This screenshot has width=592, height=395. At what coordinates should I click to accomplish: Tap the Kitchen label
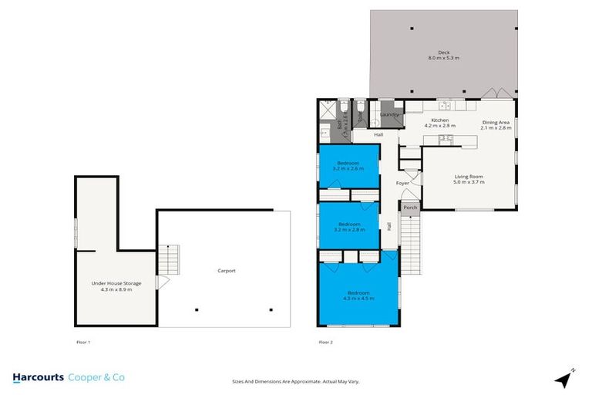pyautogui.click(x=440, y=121)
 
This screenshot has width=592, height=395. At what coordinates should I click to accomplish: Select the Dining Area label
pyautogui.click(x=496, y=123)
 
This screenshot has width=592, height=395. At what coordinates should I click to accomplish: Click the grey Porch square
pyautogui.click(x=409, y=207)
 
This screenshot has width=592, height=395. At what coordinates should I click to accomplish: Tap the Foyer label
pyautogui.click(x=402, y=183)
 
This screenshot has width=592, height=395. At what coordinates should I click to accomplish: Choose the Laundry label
pyautogui.click(x=388, y=115)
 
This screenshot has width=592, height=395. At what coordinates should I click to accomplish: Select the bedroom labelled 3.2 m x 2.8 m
pyautogui.click(x=349, y=226)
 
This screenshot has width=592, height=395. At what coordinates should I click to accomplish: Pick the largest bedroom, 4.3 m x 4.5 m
pyautogui.click(x=358, y=295)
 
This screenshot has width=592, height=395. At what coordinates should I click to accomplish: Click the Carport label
pyautogui.click(x=226, y=271)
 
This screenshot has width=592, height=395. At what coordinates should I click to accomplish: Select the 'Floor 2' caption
pyautogui.click(x=326, y=340)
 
